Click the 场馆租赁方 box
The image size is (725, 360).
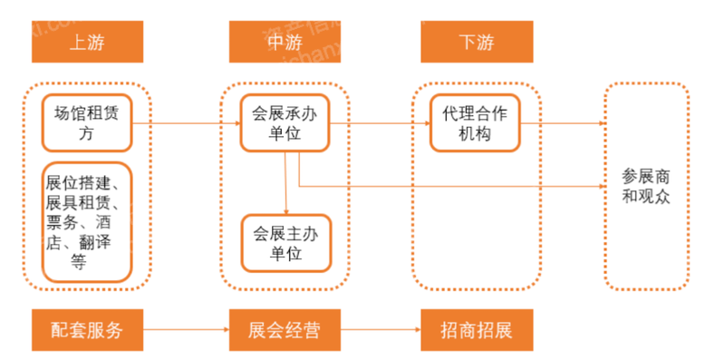(x=87, y=124)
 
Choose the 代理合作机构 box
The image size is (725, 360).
(x=476, y=124)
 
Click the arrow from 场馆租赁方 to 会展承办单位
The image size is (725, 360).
(x=186, y=124)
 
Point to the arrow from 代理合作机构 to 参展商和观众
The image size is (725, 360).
(x=562, y=124)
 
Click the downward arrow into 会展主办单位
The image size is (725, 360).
(x=286, y=181)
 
